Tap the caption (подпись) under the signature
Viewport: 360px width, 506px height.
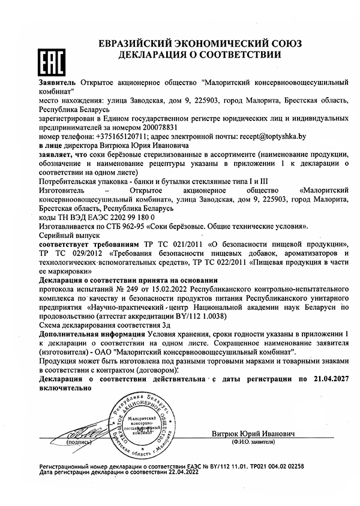[x=79, y=441]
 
